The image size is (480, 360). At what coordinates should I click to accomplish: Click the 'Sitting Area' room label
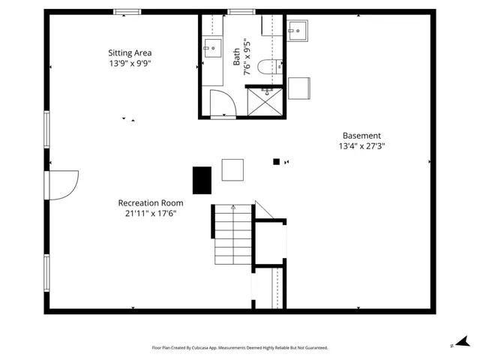click(130, 52)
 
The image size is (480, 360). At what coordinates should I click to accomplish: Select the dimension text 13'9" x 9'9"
click(130, 64)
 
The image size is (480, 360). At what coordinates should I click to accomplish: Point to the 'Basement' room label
click(362, 136)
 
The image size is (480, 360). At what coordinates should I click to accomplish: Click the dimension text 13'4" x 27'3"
click(362, 147)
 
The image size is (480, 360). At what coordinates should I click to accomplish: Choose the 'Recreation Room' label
click(151, 202)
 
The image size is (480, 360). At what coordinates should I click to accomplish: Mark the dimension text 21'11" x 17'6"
click(151, 214)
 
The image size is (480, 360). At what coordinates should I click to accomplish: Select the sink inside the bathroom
click(211, 49)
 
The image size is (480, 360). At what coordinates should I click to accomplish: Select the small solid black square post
click(276, 161)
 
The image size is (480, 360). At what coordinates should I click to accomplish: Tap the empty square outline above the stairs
click(232, 169)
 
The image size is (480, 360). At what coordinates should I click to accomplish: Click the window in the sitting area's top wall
click(127, 11)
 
